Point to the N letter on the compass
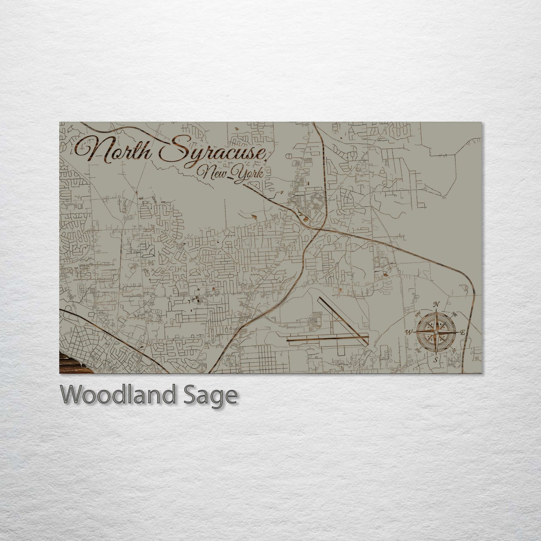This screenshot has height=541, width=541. [437, 304]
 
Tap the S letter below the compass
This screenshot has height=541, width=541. [435, 360]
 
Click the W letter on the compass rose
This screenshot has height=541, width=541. [409, 332]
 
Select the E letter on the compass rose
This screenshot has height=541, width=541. [463, 332]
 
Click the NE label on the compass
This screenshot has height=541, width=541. [455, 313]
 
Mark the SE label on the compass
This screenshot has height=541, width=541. [454, 351]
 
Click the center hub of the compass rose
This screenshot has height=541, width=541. [436, 332]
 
